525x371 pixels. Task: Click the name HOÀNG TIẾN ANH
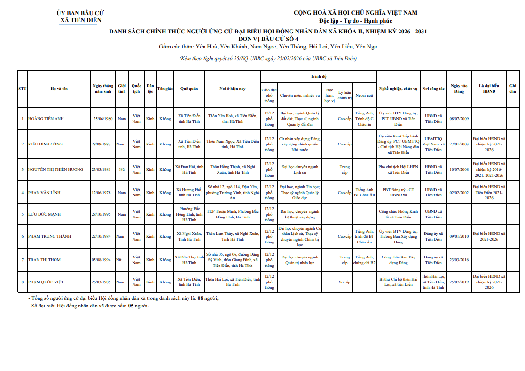(46, 119)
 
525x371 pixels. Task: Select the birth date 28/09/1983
(101, 144)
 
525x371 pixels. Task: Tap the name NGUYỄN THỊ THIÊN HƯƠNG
(55, 169)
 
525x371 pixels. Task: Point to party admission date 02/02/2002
(459, 193)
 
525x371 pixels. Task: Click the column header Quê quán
(189, 89)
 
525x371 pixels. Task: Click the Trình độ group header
(318, 76)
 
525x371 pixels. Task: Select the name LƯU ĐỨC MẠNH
(45, 214)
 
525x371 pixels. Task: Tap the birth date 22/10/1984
(101, 236)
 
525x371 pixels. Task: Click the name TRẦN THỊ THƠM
(44, 260)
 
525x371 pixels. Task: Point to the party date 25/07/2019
(459, 282)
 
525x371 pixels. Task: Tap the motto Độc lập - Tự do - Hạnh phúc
(355, 21)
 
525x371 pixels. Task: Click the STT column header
(22, 89)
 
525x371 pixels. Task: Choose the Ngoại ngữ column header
(364, 95)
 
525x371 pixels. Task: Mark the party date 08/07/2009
(459, 119)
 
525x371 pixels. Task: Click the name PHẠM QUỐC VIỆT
(46, 282)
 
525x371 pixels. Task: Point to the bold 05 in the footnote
(132, 306)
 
